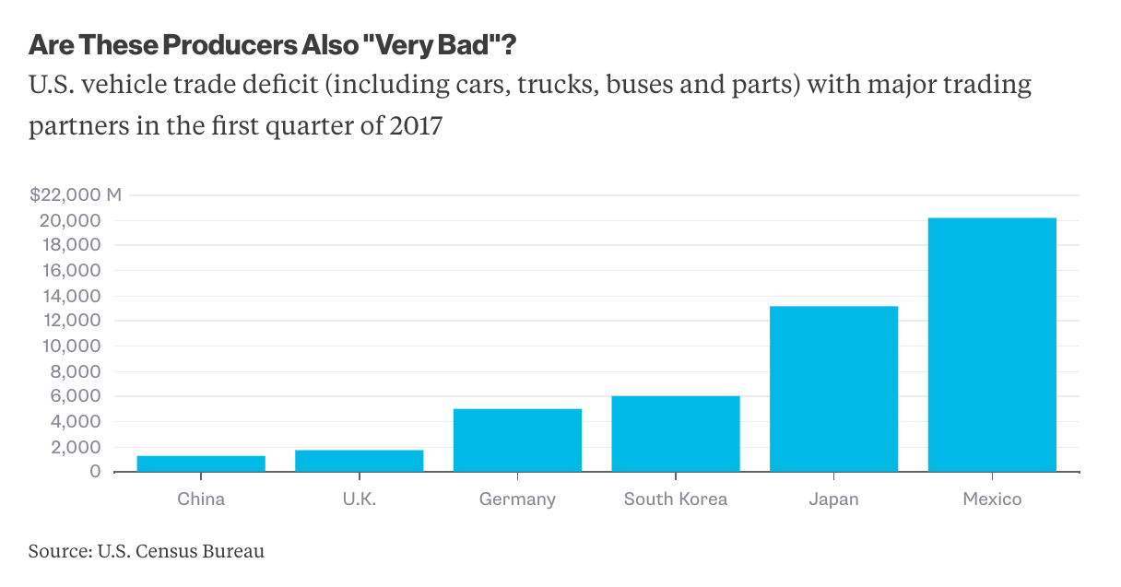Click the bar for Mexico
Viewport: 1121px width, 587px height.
[x=992, y=345]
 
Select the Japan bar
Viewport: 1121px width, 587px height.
[x=833, y=389]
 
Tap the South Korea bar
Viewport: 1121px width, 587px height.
[x=676, y=434]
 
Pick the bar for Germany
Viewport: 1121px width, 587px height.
[x=517, y=440]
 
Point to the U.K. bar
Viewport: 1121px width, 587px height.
[x=360, y=461]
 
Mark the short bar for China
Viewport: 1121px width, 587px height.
[x=201, y=464]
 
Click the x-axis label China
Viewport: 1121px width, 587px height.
[x=201, y=499]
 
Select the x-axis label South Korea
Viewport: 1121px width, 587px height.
[x=676, y=499]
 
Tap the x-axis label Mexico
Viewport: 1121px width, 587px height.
[x=992, y=499]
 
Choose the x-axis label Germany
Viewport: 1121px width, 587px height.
[x=517, y=499]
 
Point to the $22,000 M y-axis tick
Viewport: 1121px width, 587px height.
[x=76, y=195]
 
